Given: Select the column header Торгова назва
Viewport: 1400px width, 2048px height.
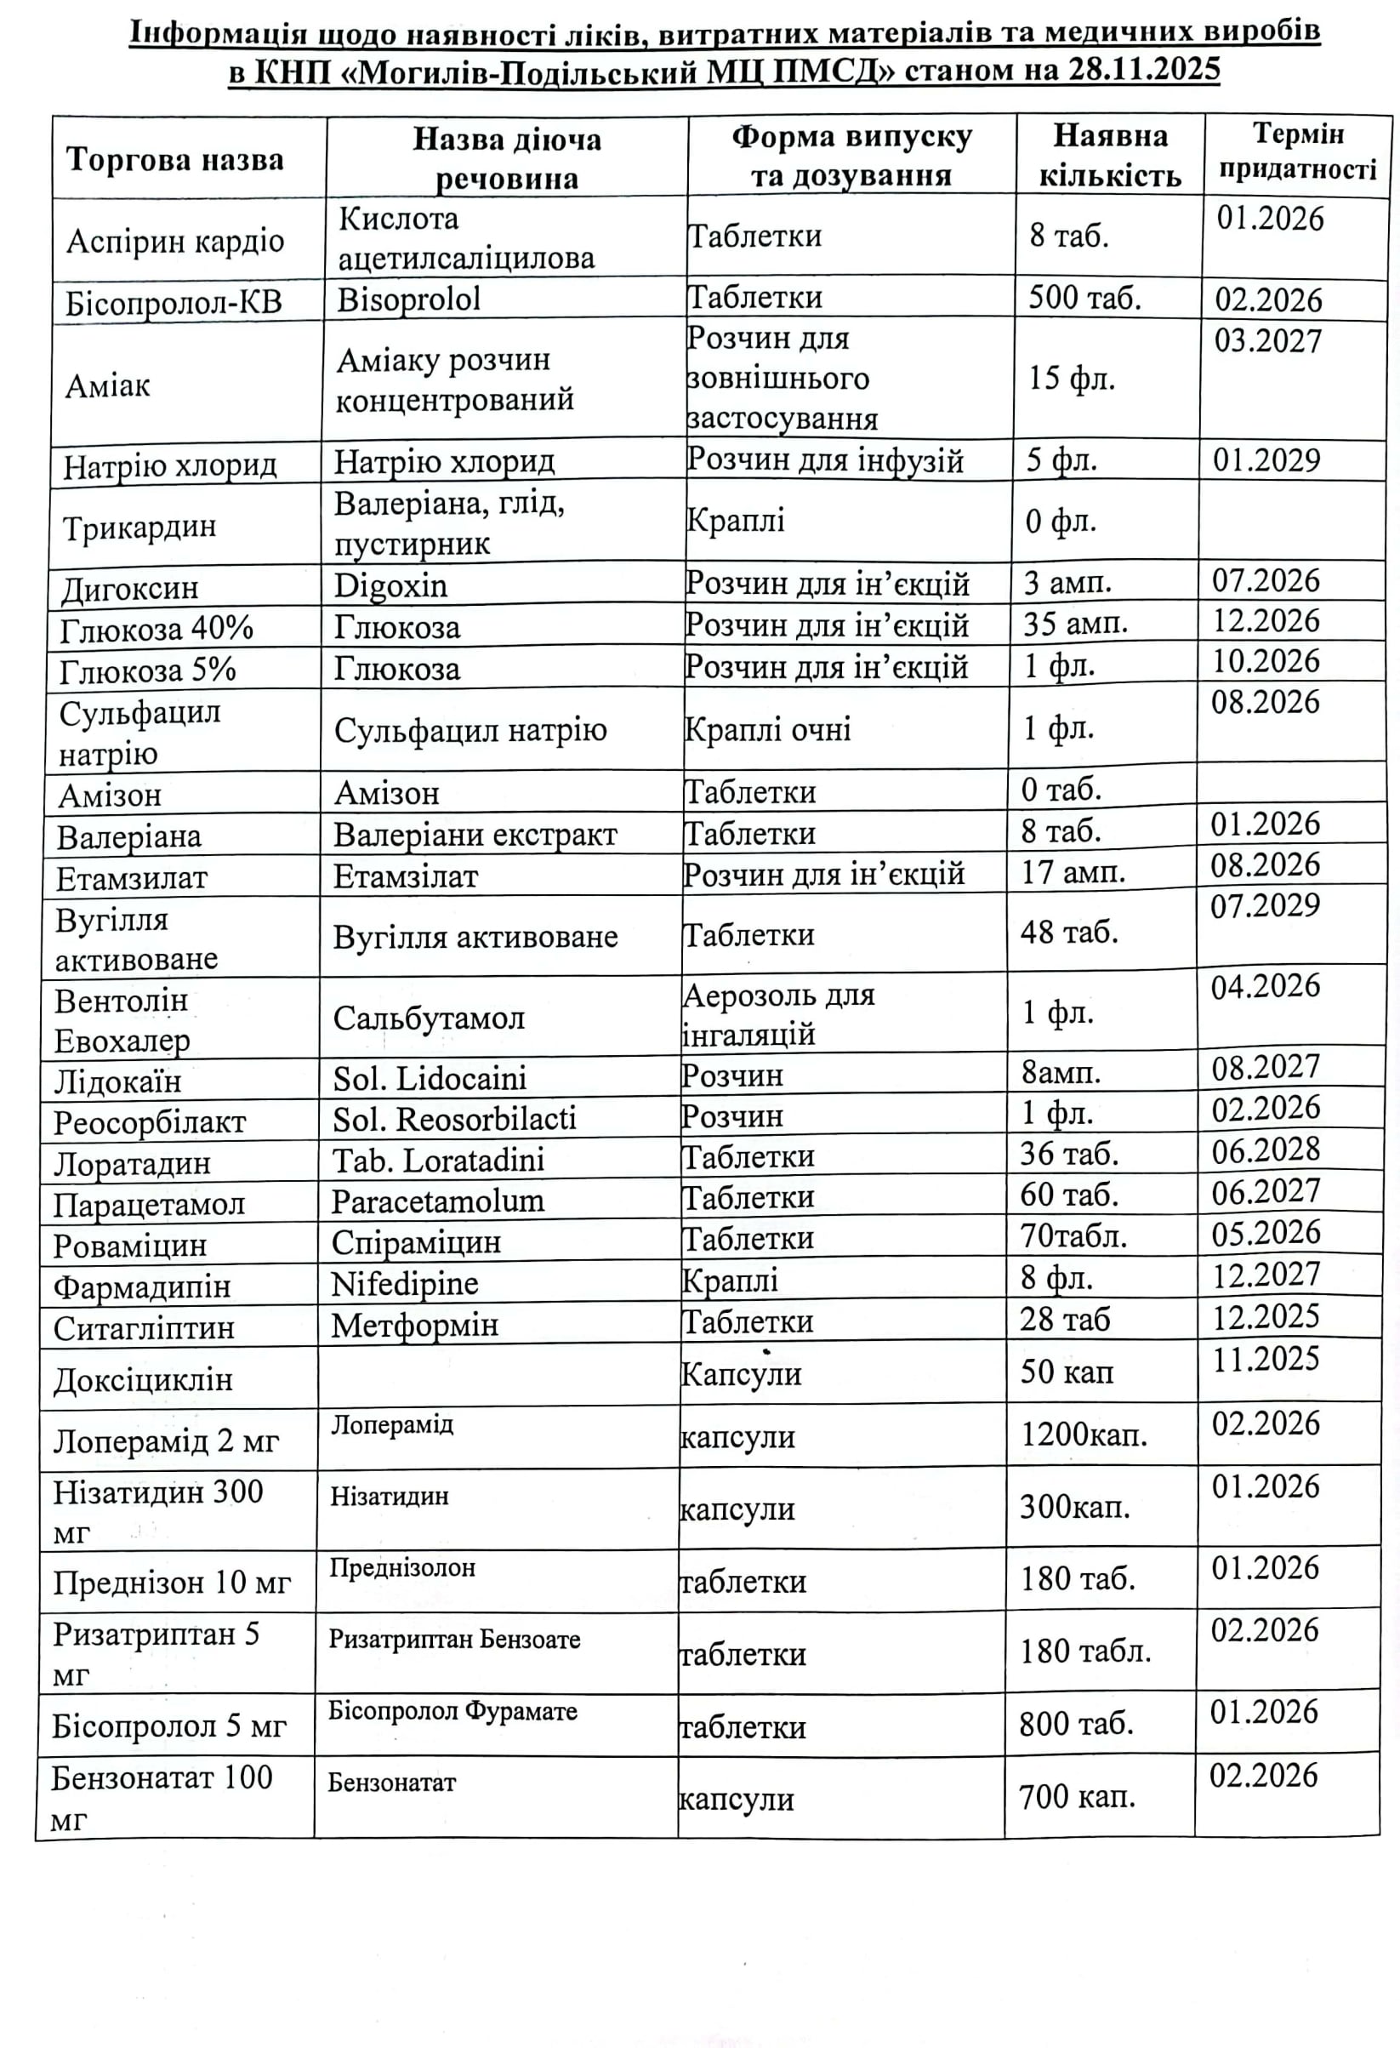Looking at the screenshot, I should tap(174, 160).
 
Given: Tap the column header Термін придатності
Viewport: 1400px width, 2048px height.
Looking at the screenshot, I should tap(1297, 151).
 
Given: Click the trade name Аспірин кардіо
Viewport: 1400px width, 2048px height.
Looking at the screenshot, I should tap(175, 241).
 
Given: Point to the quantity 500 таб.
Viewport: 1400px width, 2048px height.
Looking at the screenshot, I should tap(1084, 298).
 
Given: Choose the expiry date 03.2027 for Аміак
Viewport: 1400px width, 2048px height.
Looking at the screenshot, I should tap(1268, 341).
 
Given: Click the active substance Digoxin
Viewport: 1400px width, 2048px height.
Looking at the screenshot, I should tap(390, 585).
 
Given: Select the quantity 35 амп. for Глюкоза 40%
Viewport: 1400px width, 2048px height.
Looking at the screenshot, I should tap(1075, 624).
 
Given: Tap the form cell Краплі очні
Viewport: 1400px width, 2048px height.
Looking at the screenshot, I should tap(767, 729).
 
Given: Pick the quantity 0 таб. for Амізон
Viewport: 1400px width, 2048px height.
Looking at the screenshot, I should tap(1061, 789).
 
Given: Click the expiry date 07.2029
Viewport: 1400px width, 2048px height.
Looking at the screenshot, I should tap(1266, 905).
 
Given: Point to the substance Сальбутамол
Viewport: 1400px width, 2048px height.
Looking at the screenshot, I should tap(428, 1018).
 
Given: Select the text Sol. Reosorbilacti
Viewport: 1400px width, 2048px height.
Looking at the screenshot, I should tap(453, 1118).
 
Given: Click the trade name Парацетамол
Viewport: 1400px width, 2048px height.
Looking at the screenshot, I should tap(149, 1204).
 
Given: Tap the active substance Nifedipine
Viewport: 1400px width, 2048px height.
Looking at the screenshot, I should tap(404, 1283).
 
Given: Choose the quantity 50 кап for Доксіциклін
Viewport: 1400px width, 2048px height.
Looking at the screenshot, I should tap(1066, 1372).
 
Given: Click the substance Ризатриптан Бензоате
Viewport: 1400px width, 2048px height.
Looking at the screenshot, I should tap(455, 1639).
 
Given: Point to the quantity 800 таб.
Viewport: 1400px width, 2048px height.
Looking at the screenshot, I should tap(1076, 1723).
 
